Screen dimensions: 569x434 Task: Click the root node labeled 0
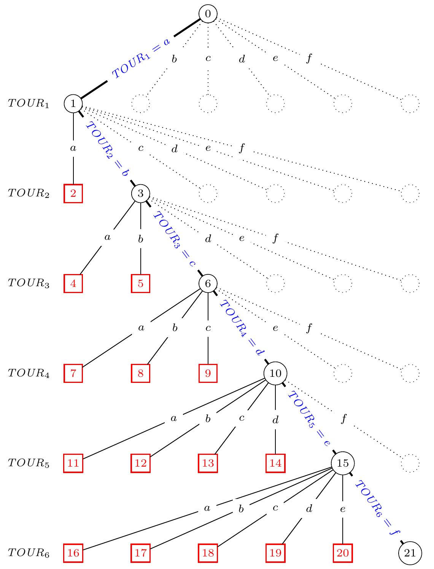pyautogui.click(x=208, y=14)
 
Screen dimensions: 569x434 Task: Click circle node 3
pyautogui.click(x=141, y=193)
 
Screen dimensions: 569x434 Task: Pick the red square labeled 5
pyautogui.click(x=141, y=284)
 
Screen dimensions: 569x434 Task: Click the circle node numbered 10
pyautogui.click(x=275, y=373)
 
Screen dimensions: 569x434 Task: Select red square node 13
pyautogui.click(x=208, y=463)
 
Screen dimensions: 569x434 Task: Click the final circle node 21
pyautogui.click(x=410, y=553)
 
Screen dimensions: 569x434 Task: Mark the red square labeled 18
pyautogui.click(x=208, y=553)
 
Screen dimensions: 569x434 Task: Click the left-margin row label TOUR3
pyautogui.click(x=29, y=284)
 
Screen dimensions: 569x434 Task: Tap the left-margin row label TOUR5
pyautogui.click(x=29, y=463)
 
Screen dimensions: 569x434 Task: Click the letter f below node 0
pyautogui.click(x=309, y=59)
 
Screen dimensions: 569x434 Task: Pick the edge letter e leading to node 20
pyautogui.click(x=343, y=509)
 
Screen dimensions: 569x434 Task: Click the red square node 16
pyautogui.click(x=73, y=553)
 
